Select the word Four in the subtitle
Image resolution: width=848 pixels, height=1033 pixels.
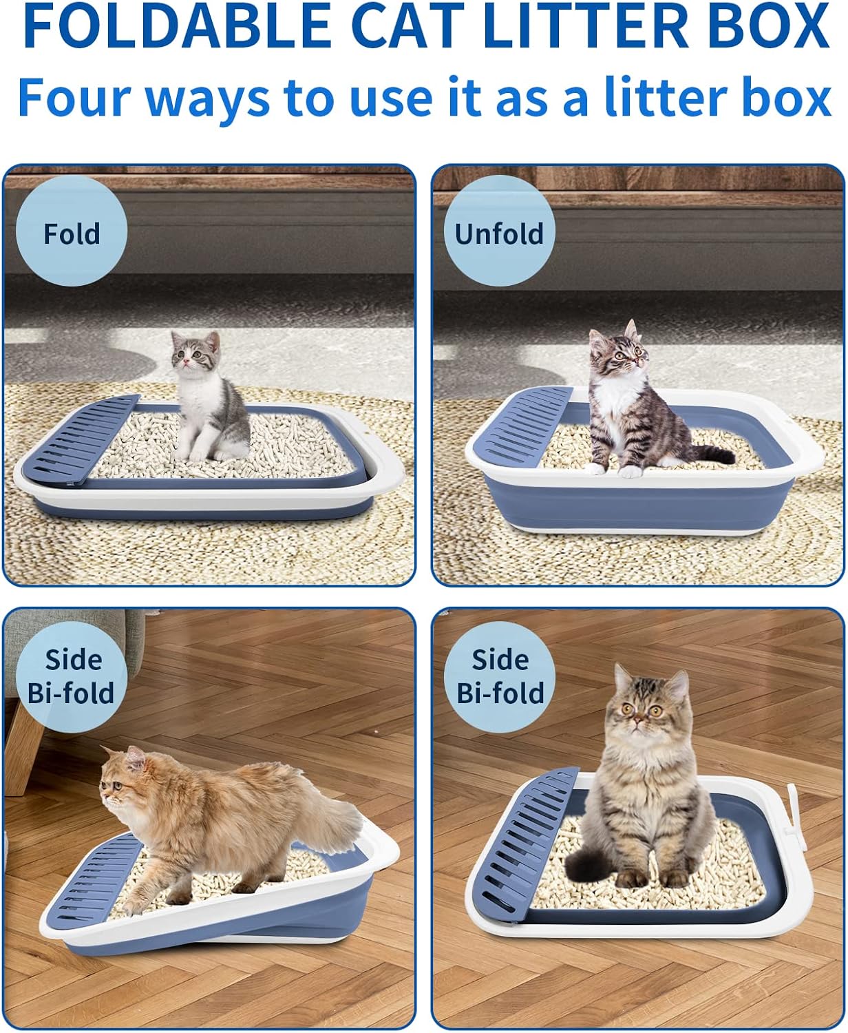[x=76, y=98]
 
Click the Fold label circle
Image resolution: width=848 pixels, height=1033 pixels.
[x=72, y=233]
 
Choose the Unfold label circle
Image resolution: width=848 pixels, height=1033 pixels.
[x=499, y=233]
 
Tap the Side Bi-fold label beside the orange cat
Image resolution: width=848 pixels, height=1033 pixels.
[x=71, y=676]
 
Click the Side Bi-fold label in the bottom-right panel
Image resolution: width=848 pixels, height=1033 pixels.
[x=500, y=676]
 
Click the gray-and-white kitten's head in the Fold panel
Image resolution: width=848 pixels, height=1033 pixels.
[x=196, y=351]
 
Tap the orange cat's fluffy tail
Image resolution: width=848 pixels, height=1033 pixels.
[x=337, y=820]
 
